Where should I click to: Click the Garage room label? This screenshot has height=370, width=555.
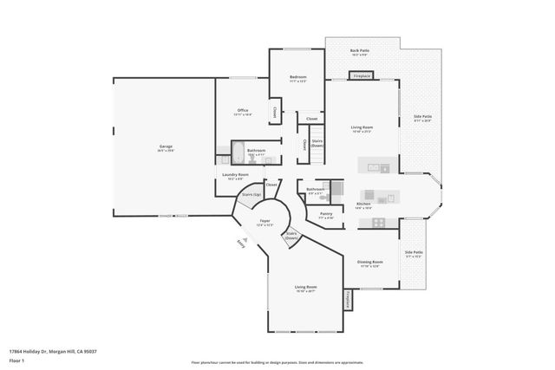[165, 148]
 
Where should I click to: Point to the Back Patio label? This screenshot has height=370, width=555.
[358, 52]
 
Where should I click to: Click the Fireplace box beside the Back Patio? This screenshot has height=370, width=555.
[362, 76]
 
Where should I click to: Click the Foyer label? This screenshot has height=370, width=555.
[265, 223]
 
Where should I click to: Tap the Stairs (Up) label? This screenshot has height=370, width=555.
[251, 195]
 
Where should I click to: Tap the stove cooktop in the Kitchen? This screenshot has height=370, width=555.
[378, 223]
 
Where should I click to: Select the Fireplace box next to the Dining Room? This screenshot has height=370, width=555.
[347, 300]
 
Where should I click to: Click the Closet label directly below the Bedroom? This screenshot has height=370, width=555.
[311, 119]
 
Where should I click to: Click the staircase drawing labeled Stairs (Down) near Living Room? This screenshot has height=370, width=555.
[317, 144]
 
